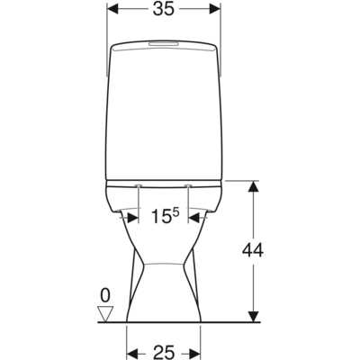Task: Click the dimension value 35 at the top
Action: (164, 11)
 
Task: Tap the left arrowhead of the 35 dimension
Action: (112, 10)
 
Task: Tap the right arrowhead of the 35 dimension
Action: (215, 10)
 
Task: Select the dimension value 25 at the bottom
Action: (163, 349)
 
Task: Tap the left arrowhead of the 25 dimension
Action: (130, 349)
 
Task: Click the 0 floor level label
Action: (105, 295)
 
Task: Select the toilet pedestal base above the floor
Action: (163, 288)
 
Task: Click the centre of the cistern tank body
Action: (164, 112)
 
